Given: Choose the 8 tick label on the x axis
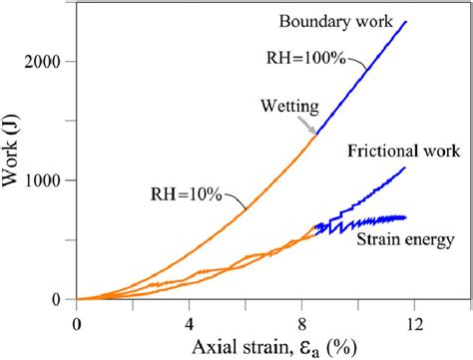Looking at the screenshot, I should pyautogui.click(x=301, y=322).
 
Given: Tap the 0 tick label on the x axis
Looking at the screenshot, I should pyautogui.click(x=77, y=322).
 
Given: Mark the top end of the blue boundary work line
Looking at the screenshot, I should pyautogui.click(x=407, y=21).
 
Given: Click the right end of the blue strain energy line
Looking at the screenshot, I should pyautogui.click(x=405, y=217).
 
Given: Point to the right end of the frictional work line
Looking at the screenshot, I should pyautogui.click(x=405, y=168).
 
